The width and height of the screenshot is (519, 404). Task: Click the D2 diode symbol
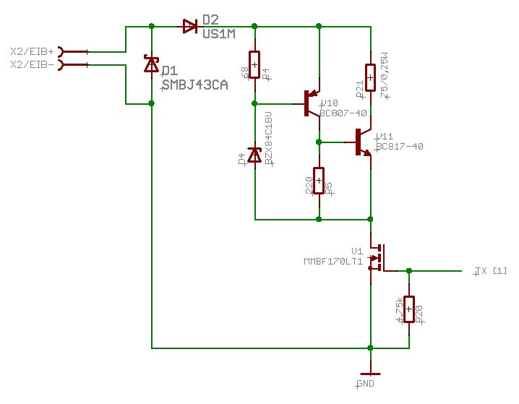tap(190, 27)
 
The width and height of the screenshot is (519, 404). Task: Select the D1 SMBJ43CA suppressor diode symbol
tap(151, 65)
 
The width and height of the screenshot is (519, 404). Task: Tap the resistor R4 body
tap(254, 64)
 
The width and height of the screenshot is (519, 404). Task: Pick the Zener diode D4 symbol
tap(254, 155)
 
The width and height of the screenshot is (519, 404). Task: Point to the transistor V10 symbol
tap(312, 103)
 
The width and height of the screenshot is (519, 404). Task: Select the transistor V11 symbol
tap(363, 142)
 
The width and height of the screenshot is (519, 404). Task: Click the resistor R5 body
tap(318, 181)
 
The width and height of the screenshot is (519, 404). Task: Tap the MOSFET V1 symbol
tap(377, 258)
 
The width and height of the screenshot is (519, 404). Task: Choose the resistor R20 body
tap(409, 310)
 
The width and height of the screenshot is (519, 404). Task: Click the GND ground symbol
tap(370, 374)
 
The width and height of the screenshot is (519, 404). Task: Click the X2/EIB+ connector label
tap(32, 51)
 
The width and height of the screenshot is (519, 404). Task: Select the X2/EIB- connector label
tap(32, 65)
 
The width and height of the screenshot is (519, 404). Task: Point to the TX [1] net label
tap(491, 271)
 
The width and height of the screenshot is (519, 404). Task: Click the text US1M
tap(218, 34)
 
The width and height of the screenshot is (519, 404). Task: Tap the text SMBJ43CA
tap(194, 85)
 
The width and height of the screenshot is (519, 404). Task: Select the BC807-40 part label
tap(343, 113)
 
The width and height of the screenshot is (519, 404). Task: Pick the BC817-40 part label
tap(399, 147)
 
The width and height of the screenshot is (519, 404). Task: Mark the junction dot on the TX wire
tap(409, 271)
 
